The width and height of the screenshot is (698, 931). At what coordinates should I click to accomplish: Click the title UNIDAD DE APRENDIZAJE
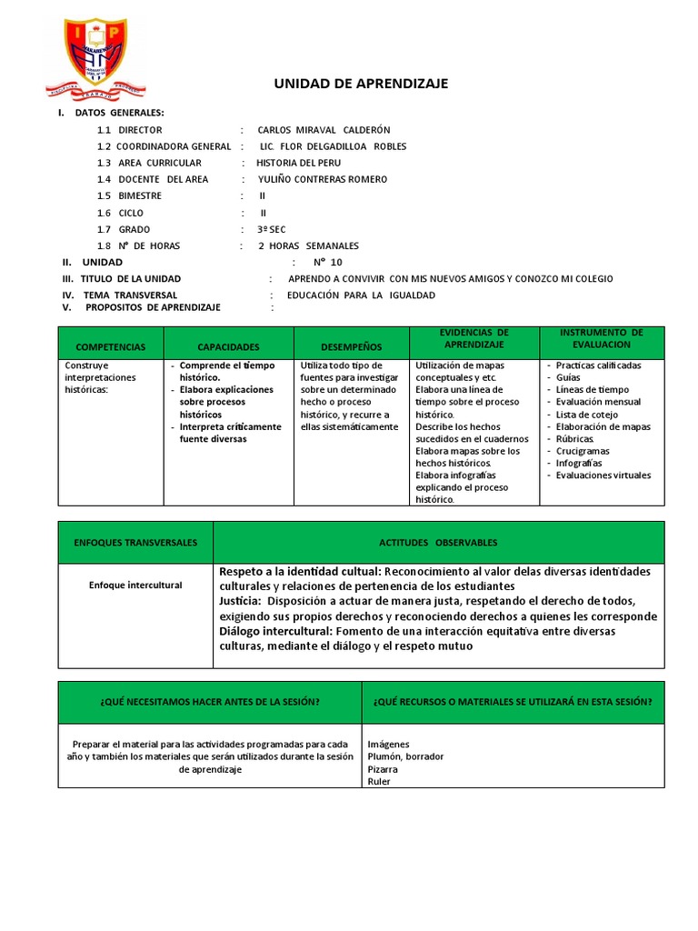click(361, 84)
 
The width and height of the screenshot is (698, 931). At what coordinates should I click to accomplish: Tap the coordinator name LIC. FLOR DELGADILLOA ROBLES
click(333, 146)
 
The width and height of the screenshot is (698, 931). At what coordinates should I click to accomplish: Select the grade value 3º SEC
click(272, 229)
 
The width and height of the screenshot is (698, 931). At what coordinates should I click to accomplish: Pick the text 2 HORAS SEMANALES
click(308, 245)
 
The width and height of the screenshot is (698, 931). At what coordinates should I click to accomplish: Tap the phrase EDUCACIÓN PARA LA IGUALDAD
click(361, 295)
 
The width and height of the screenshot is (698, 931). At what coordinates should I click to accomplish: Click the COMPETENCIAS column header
click(110, 347)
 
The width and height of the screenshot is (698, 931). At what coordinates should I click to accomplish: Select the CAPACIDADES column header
click(228, 347)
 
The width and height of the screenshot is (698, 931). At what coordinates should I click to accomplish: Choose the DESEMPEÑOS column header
click(352, 347)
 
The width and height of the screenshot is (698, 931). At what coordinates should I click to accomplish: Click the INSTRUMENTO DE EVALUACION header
click(601, 339)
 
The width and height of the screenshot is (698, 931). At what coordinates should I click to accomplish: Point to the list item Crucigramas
click(583, 451)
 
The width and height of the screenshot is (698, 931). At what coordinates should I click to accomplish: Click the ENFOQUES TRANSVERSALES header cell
click(135, 543)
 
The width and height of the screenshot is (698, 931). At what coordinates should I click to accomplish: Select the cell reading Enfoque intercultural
click(135, 586)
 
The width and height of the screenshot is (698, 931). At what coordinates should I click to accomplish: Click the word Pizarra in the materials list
click(383, 768)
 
